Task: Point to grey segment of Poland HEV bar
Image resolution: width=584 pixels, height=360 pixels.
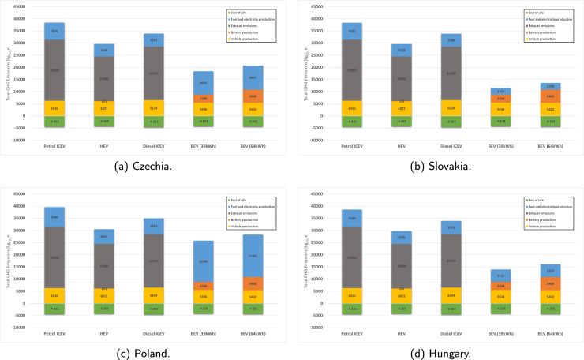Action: tap(104, 265)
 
